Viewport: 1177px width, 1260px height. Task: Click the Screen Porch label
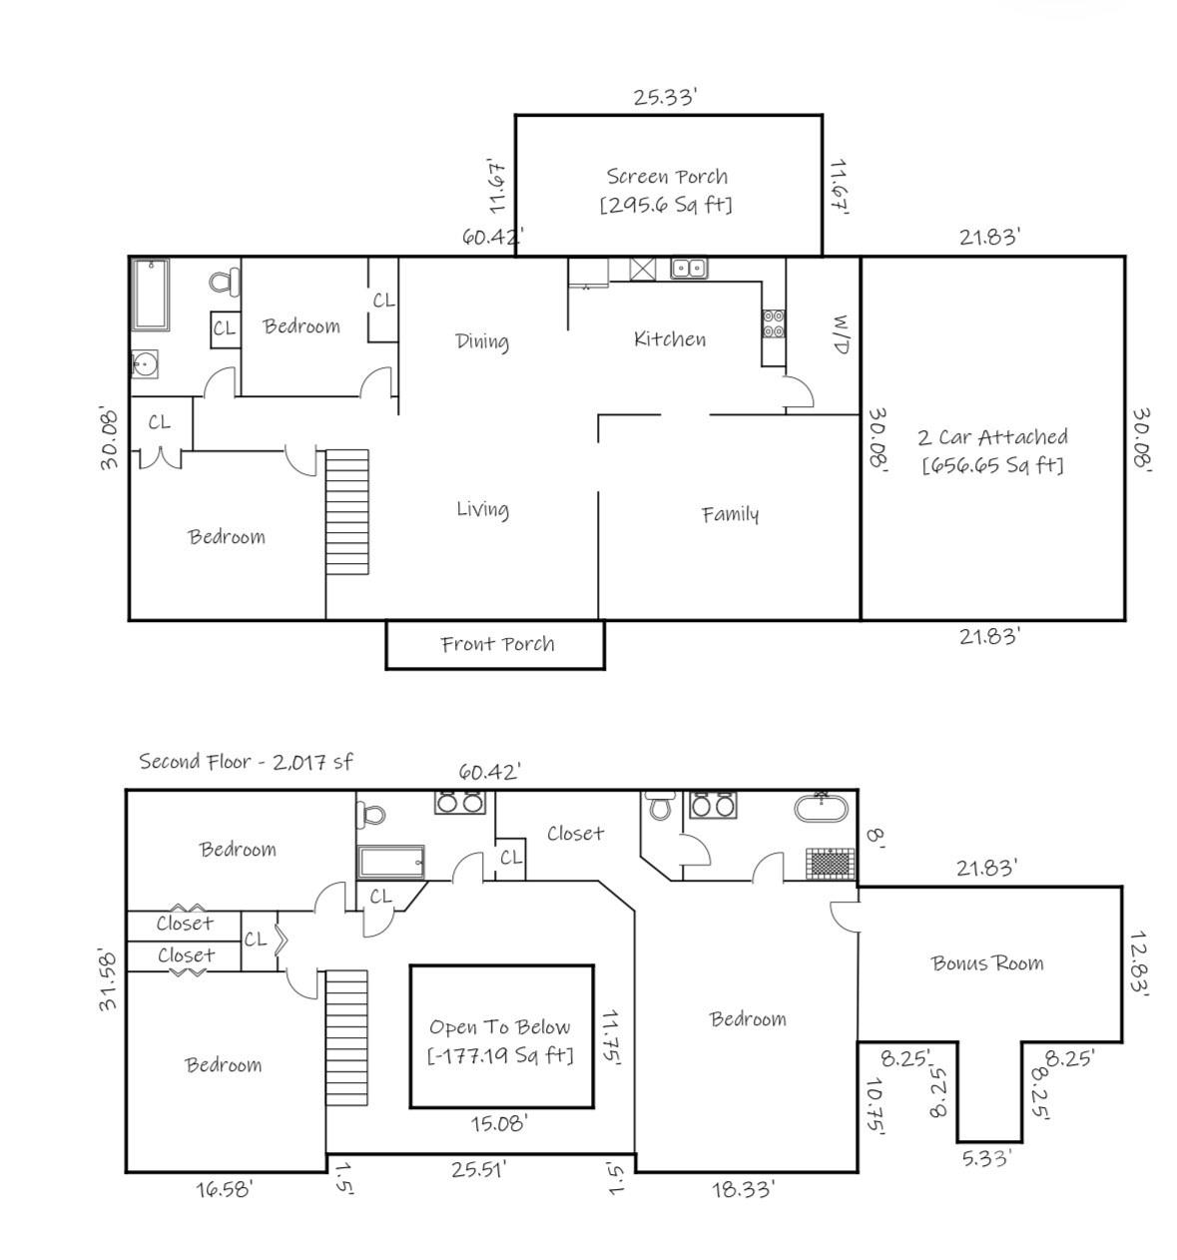click(667, 177)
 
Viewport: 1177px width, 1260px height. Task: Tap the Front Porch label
click(497, 644)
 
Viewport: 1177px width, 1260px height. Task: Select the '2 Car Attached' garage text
click(992, 437)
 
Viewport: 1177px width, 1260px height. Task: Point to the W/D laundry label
click(840, 334)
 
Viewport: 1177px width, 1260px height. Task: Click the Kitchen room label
click(670, 339)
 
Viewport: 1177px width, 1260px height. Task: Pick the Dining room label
click(482, 341)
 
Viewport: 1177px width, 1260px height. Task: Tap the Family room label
click(730, 514)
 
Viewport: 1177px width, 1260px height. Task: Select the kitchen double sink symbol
click(688, 268)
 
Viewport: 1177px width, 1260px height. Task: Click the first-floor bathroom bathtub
click(152, 295)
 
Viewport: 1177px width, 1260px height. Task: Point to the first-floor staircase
click(347, 511)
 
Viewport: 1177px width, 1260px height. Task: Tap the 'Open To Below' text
click(500, 1027)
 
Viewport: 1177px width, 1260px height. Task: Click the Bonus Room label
click(987, 963)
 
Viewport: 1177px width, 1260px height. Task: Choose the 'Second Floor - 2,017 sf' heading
click(246, 762)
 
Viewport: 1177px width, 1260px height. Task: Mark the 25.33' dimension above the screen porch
click(665, 97)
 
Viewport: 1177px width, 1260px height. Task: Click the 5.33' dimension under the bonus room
click(986, 1158)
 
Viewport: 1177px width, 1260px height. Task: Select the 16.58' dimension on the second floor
click(224, 1189)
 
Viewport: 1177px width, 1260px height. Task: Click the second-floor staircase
click(347, 1038)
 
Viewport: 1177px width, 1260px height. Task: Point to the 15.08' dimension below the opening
click(499, 1124)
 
